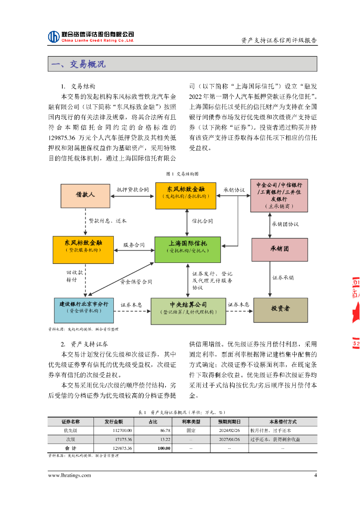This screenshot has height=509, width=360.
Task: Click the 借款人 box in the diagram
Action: (85, 196)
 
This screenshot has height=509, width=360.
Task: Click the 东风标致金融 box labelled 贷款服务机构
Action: (84, 250)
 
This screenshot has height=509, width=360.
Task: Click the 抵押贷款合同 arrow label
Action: (133, 189)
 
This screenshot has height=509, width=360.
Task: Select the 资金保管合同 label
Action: (136, 282)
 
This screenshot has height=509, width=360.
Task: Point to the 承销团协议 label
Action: (285, 224)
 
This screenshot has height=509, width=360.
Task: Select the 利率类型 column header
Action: (190, 422)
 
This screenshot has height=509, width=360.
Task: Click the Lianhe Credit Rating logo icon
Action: (54, 36)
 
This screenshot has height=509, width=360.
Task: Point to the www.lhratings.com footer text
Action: (69, 475)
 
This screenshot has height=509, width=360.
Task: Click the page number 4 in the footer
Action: (315, 475)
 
